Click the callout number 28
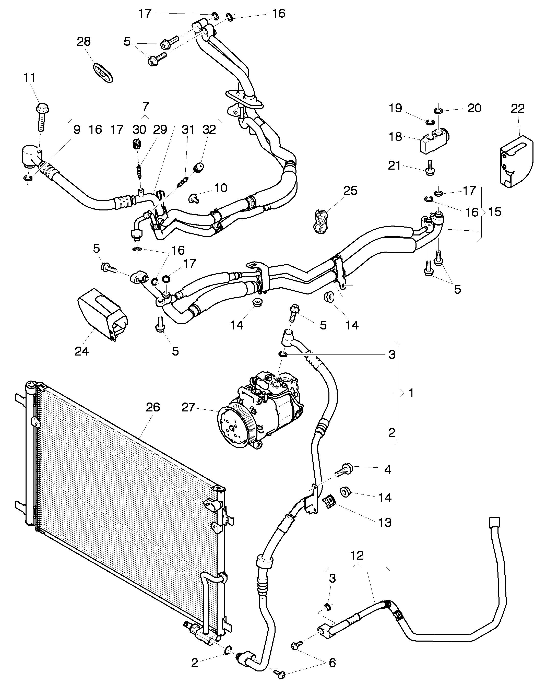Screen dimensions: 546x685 click(x=84, y=42)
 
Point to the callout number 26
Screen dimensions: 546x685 click(x=152, y=407)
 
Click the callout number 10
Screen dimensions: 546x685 click(x=221, y=188)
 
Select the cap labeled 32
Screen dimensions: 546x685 click(x=198, y=167)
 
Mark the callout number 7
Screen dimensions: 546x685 click(x=146, y=107)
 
